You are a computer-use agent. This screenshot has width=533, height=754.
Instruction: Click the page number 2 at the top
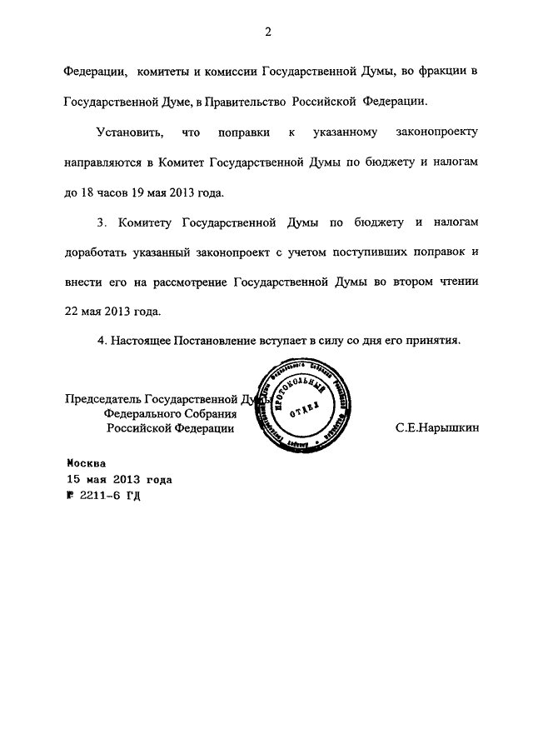[x=267, y=32]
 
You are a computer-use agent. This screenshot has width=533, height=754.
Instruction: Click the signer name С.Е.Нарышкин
[x=437, y=427]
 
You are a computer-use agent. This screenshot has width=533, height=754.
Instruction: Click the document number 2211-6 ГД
[x=109, y=495]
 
